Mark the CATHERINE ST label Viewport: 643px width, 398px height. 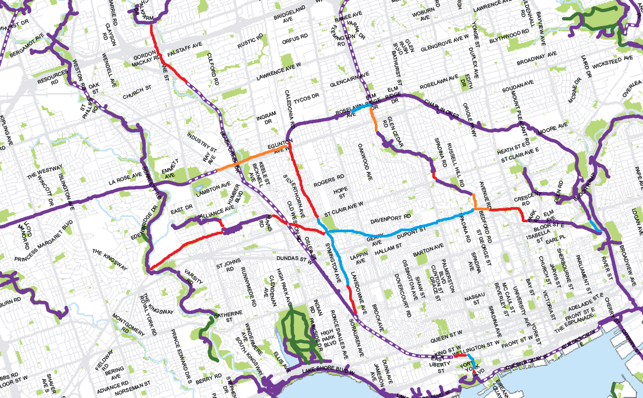[x=227, y=316]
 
